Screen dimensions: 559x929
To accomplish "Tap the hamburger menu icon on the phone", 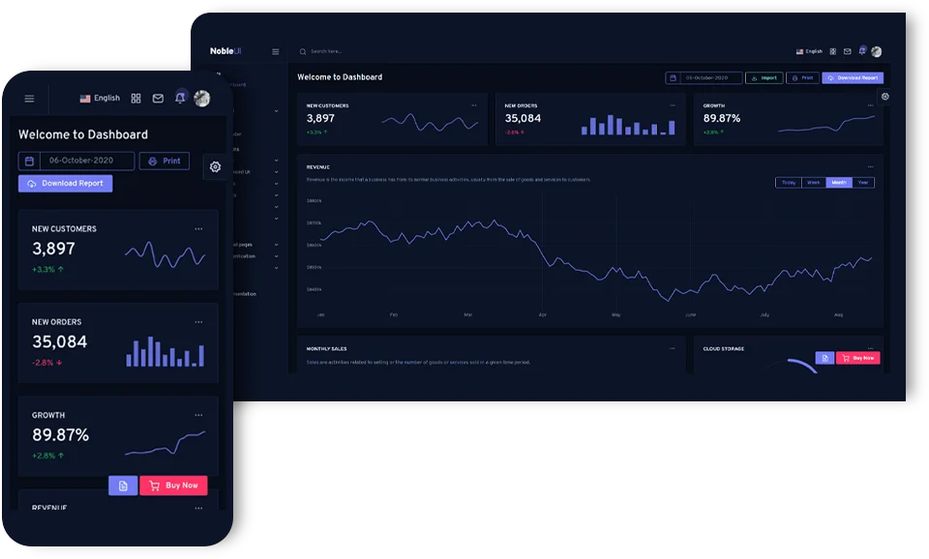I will tap(29, 99).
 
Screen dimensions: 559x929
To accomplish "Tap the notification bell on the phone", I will tap(180, 98).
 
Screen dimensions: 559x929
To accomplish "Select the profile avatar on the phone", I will tap(202, 98).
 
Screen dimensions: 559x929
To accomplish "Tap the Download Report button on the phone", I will tap(65, 183).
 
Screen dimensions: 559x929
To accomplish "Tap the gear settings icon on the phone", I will tap(215, 166).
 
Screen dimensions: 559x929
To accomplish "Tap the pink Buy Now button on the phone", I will tap(174, 485).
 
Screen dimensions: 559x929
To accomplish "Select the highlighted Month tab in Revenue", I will tap(839, 182).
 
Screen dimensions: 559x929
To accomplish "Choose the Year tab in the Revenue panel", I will tap(863, 182).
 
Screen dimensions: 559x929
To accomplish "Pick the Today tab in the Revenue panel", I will tap(789, 182).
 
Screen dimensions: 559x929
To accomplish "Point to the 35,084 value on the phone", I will tap(59, 341).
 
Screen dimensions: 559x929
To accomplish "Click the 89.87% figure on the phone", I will tap(60, 435).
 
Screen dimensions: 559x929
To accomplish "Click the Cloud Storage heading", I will tap(724, 348).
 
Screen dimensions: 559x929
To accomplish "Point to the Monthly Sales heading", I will tap(326, 348).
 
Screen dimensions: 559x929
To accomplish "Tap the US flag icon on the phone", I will tap(85, 99).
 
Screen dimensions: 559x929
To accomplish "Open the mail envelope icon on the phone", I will tap(158, 99).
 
